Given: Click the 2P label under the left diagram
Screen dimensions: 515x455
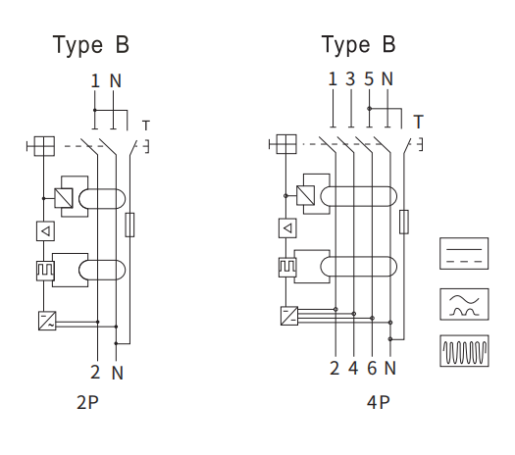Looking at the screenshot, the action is pyautogui.click(x=87, y=402).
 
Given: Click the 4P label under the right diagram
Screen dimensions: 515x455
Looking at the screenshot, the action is pyautogui.click(x=378, y=402).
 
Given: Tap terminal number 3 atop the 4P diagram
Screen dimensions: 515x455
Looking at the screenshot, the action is pyautogui.click(x=350, y=78).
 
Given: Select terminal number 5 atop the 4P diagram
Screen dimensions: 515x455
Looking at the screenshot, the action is pyautogui.click(x=369, y=78).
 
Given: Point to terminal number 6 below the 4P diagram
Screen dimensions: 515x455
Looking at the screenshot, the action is pyautogui.click(x=372, y=368).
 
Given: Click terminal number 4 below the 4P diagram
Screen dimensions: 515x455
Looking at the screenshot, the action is pyautogui.click(x=353, y=368).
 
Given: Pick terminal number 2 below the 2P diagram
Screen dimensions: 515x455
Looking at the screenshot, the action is pyautogui.click(x=95, y=372).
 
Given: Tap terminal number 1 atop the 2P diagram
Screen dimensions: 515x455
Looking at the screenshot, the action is pyautogui.click(x=95, y=80).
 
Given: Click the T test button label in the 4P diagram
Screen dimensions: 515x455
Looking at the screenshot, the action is pyautogui.click(x=418, y=122).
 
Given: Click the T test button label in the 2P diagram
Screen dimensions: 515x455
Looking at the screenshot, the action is pyautogui.click(x=146, y=126).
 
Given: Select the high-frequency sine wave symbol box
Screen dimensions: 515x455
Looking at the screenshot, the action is pyautogui.click(x=464, y=351).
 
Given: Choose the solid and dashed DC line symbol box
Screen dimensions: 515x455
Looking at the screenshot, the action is pyautogui.click(x=464, y=253).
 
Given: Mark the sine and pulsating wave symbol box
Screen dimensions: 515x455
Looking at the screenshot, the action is pyautogui.click(x=464, y=304).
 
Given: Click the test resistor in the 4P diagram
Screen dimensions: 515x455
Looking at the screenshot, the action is pyautogui.click(x=404, y=222).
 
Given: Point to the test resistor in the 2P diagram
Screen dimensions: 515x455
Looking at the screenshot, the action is pyautogui.click(x=129, y=225).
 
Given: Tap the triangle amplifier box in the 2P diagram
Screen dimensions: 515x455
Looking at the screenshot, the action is pyautogui.click(x=45, y=231).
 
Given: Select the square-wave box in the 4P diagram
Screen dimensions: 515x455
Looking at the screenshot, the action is pyautogui.click(x=287, y=268).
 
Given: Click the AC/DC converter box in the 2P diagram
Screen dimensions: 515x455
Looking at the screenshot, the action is pyautogui.click(x=47, y=321).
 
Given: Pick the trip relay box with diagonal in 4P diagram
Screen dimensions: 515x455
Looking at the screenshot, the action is pyautogui.click(x=305, y=195).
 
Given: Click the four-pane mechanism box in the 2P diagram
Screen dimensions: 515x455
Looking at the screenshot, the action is pyautogui.click(x=45, y=146).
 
